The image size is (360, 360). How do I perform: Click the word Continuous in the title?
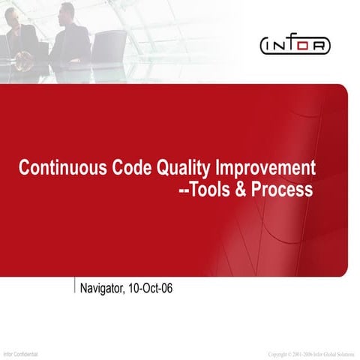pos(55,167)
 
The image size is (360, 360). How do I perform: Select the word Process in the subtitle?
pos(283,190)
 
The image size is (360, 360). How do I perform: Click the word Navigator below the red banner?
pos(103,287)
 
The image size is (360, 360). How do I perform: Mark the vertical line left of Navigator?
pos(76,287)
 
